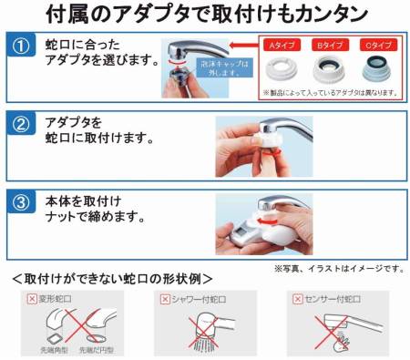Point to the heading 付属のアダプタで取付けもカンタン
(204, 15)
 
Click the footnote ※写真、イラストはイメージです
(337, 268)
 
